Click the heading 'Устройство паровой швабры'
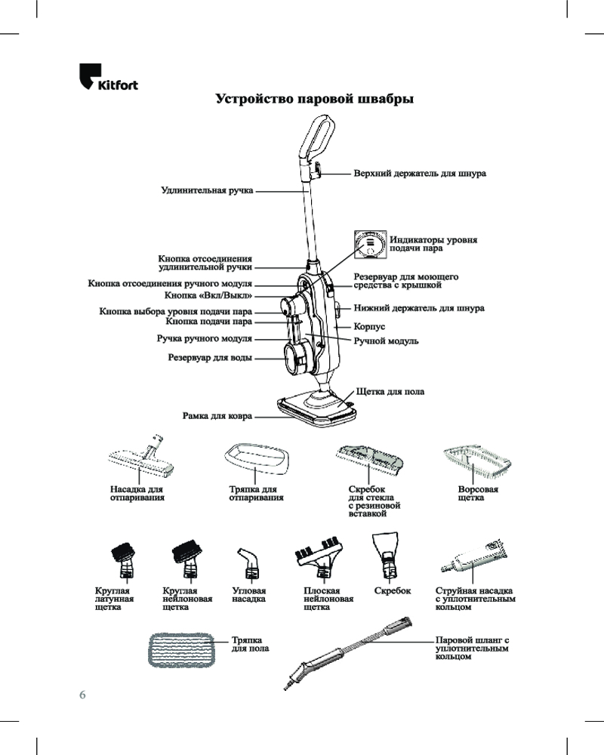point(314,100)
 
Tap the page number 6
point(83,694)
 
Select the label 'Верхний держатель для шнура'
point(420,174)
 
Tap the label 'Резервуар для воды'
point(209,358)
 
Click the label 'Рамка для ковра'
point(217,415)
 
